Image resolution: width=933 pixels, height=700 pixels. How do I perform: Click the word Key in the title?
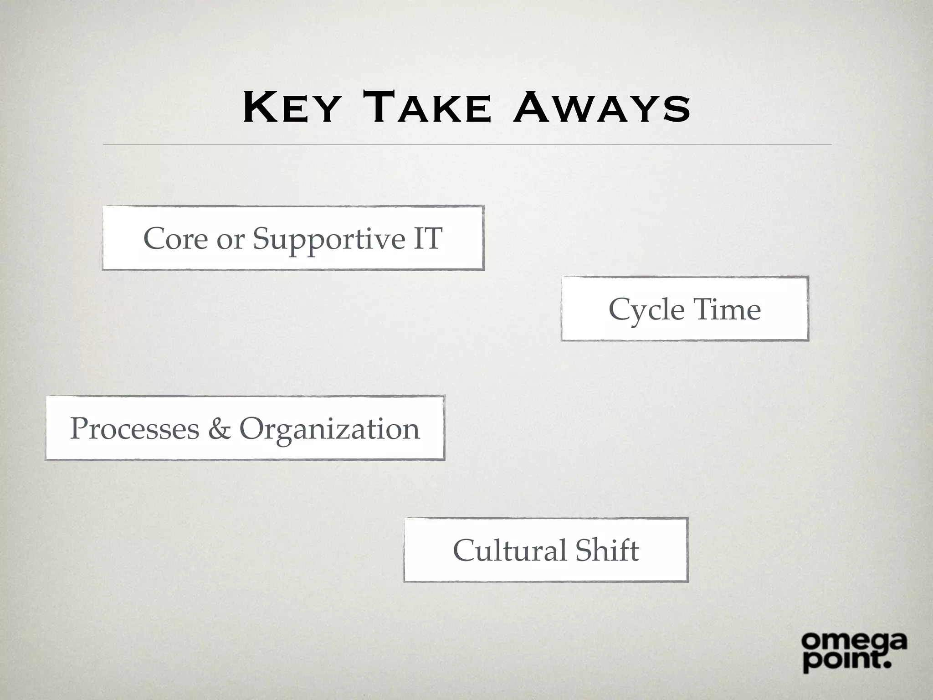point(292,108)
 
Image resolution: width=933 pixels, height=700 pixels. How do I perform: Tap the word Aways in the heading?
point(601,108)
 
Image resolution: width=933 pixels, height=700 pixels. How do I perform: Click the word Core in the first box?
point(175,238)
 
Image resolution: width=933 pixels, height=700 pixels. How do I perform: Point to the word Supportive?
point(329,239)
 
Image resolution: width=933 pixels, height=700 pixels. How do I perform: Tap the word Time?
point(727,309)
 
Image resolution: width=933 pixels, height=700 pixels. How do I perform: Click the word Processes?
point(134,429)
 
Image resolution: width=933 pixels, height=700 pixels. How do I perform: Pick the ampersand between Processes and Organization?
point(219,429)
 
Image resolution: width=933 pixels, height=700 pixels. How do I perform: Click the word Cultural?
point(510,550)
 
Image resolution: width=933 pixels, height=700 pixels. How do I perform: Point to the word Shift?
point(607,550)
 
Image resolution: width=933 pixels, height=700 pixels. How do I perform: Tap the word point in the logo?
point(841,661)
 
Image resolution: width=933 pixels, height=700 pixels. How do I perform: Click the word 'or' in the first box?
point(231,239)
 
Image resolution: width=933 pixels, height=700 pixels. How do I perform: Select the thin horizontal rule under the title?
point(467,144)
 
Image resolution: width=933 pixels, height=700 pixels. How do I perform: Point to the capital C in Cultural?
point(464,550)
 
